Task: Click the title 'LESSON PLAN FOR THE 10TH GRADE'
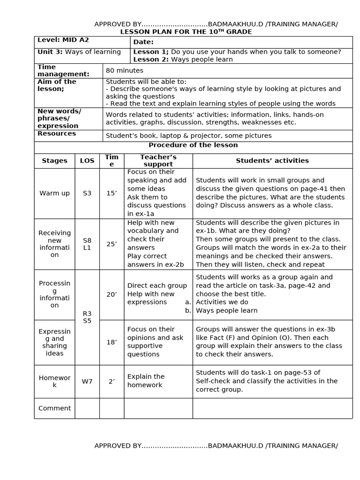186,32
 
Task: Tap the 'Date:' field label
143,42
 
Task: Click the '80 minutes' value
124,71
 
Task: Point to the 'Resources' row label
57,134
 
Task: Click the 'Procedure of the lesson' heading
193,145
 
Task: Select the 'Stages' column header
54,161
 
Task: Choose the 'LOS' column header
87,161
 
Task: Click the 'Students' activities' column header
272,161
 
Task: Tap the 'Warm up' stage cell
54,193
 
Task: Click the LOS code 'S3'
87,193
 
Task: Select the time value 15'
112,193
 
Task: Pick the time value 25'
112,244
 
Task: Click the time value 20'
112,294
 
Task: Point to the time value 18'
112,342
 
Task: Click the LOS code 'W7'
87,382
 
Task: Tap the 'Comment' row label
54,408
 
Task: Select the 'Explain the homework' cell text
146,381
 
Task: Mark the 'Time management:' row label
63,71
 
